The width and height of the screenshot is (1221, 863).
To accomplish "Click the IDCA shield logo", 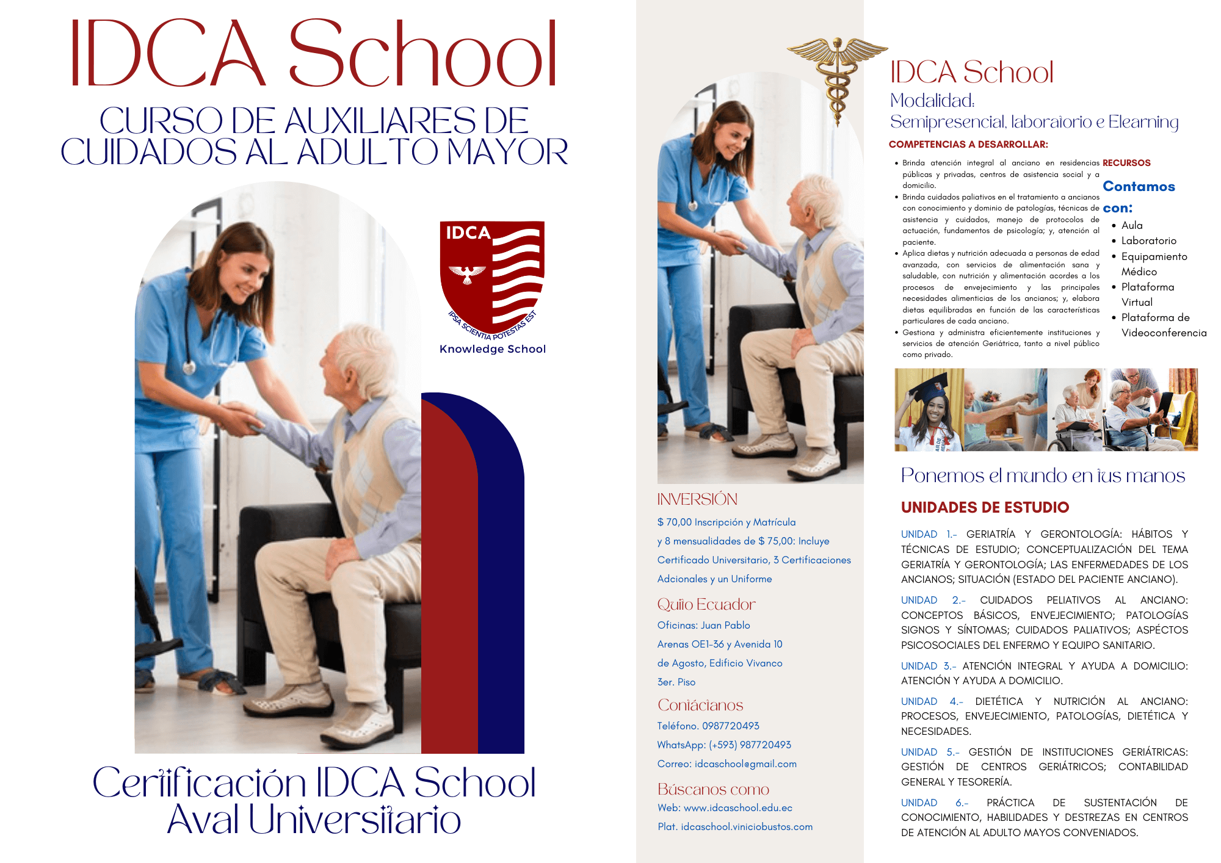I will [492, 278].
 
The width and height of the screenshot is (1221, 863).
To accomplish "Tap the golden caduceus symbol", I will [837, 76].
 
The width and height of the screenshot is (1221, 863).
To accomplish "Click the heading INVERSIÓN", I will [697, 499].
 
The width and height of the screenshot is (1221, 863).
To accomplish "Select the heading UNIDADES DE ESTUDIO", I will [985, 507].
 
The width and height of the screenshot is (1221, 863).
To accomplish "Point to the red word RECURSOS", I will [1126, 163].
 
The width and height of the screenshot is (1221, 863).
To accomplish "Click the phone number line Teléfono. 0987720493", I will [708, 726].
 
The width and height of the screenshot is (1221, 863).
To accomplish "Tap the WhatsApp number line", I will [724, 745].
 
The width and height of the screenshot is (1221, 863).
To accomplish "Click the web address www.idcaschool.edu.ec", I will [737, 807].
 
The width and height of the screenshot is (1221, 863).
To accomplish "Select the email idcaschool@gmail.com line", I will [726, 764].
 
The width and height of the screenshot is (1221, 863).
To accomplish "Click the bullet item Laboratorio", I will [1148, 240].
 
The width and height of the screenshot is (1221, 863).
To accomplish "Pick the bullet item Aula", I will [1132, 225].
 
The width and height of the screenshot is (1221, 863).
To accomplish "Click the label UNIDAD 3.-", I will [929, 666].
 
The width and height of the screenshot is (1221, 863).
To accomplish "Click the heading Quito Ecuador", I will [706, 604].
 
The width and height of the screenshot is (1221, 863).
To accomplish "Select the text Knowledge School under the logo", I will [493, 349].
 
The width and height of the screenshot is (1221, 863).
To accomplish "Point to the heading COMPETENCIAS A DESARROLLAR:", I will [968, 145].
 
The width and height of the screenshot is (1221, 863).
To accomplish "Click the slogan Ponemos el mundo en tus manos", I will [1043, 475].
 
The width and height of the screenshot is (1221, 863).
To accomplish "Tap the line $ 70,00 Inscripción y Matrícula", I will [726, 522].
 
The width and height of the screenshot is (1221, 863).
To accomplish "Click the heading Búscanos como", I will [713, 789].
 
